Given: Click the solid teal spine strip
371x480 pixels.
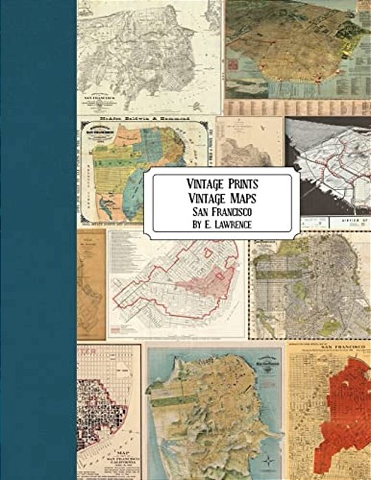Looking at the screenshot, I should point(38,240).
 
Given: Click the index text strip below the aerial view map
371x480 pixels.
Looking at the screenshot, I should point(295,107).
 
